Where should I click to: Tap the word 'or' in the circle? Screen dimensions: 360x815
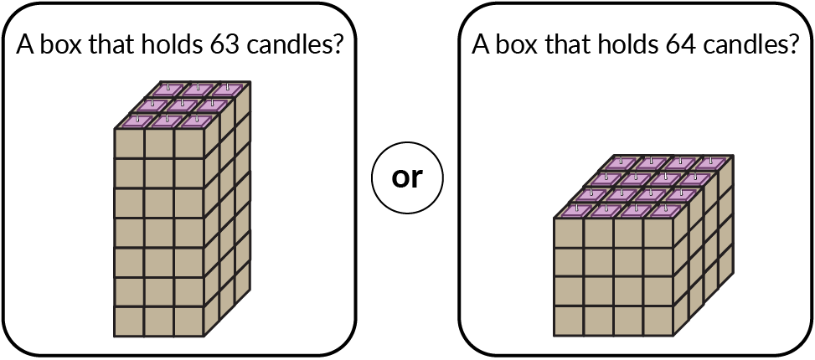pos(407,178)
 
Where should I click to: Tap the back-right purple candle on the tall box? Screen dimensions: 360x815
pos(225,90)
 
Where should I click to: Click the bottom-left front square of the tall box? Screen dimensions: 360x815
pos(129,321)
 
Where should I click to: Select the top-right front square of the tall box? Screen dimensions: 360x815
pos(189,143)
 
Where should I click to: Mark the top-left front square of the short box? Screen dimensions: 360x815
pos(569,234)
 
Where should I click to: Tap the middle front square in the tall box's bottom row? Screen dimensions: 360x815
pos(159,321)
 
